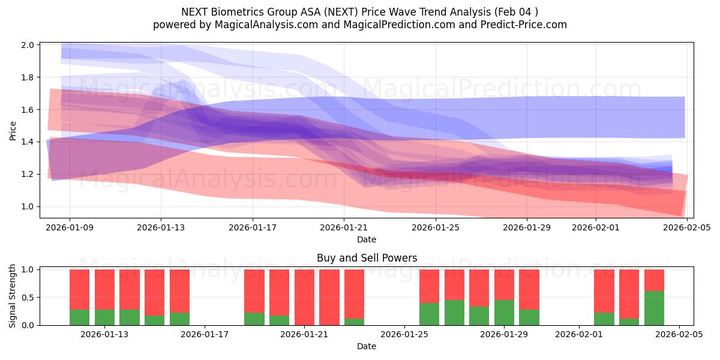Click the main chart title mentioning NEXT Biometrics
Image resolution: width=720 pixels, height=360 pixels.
359,12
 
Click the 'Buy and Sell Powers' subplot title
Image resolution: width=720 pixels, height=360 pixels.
367,259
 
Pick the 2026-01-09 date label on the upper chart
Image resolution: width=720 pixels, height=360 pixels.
69,228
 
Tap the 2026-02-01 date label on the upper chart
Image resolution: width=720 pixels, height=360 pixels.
595,228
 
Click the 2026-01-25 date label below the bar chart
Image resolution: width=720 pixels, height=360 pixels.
404,335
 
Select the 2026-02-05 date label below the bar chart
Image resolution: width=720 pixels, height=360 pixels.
679,335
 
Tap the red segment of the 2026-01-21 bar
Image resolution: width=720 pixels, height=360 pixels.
304,297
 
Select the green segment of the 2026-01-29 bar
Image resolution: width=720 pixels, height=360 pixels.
504,313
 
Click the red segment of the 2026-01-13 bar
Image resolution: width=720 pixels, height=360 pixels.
104,289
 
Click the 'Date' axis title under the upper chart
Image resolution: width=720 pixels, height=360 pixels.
367,239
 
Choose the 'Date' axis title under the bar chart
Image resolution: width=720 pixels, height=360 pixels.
367,346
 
